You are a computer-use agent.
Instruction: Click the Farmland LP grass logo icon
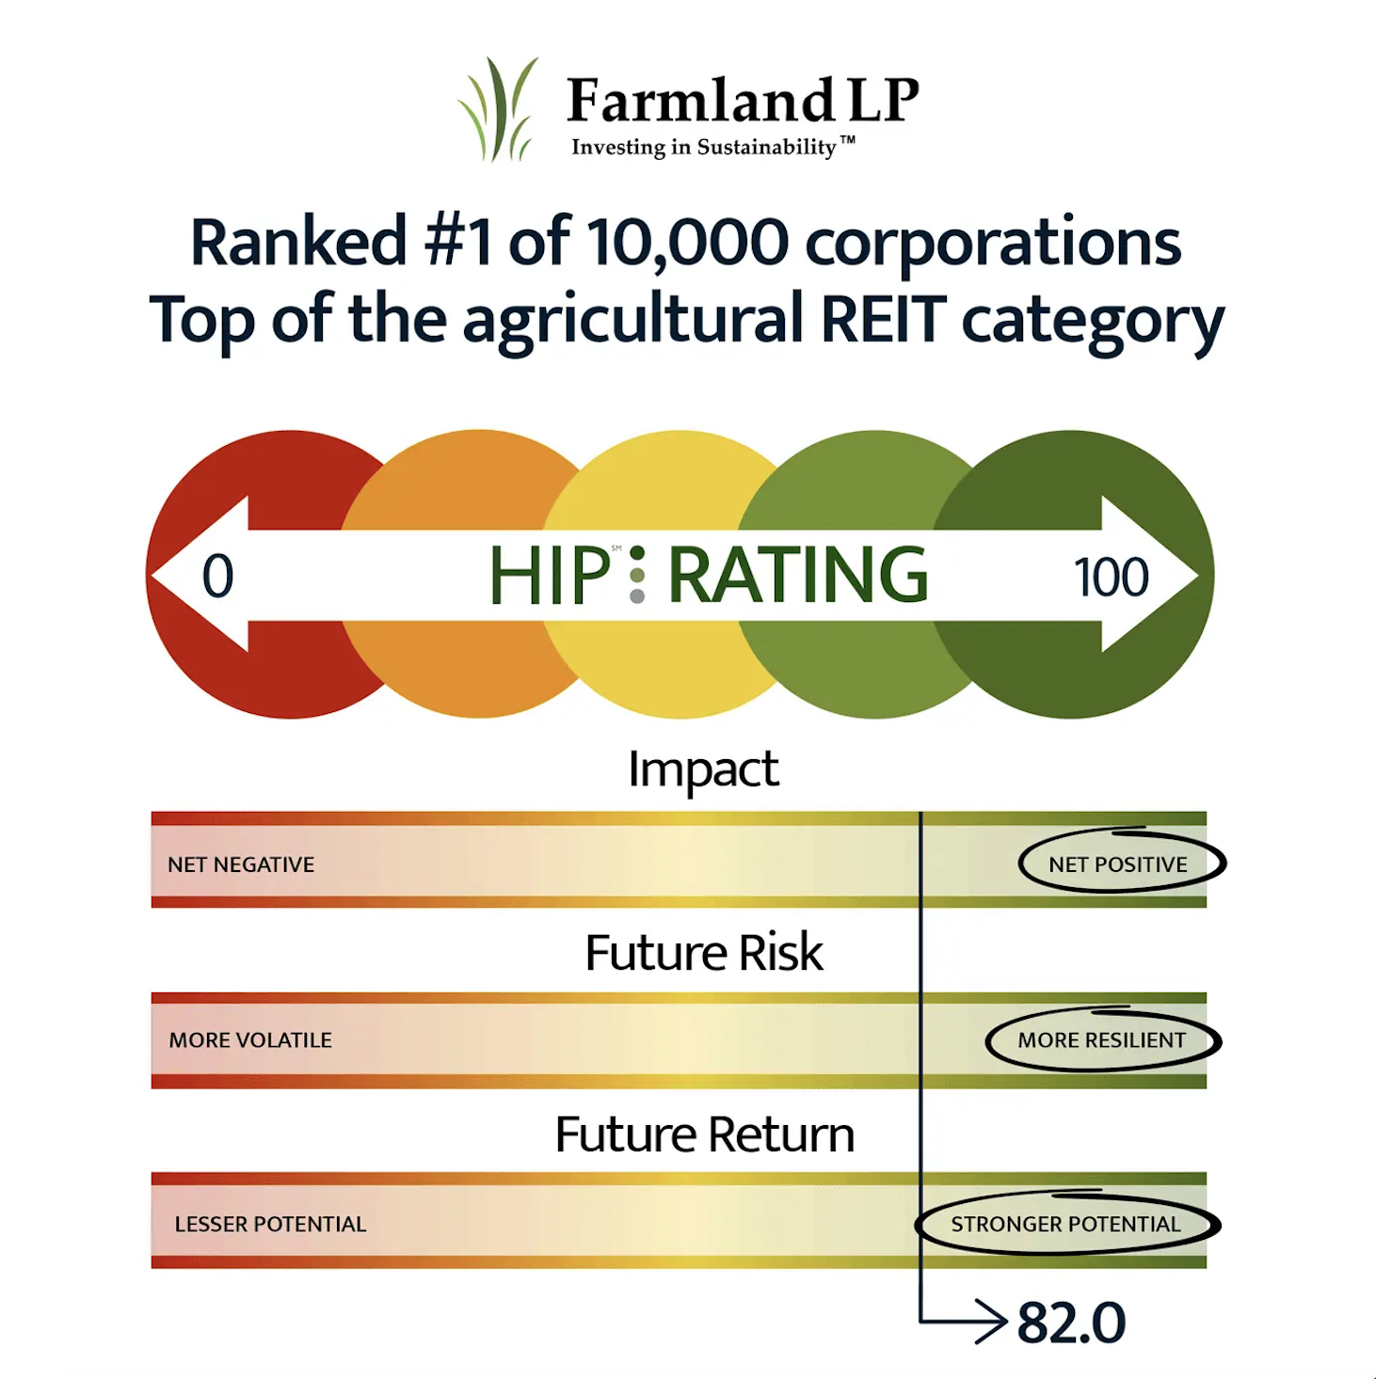tap(499, 109)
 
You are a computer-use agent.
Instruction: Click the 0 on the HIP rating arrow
tap(217, 576)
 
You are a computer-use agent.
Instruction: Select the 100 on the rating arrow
tap(1111, 576)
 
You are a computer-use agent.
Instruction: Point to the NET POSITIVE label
tap(1118, 864)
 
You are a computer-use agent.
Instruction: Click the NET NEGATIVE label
tap(241, 864)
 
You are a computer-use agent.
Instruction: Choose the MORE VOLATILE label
tap(250, 1039)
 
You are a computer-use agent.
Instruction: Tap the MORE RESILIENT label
tap(1102, 1039)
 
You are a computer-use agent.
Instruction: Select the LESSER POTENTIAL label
tap(270, 1224)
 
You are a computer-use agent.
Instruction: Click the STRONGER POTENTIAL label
tap(1065, 1224)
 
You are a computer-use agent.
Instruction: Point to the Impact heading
tap(703, 770)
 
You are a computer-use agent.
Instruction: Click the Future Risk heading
tap(704, 952)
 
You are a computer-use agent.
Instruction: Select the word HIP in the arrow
tap(550, 575)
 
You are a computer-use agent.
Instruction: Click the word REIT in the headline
tap(884, 318)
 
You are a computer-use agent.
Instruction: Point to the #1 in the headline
tap(458, 241)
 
